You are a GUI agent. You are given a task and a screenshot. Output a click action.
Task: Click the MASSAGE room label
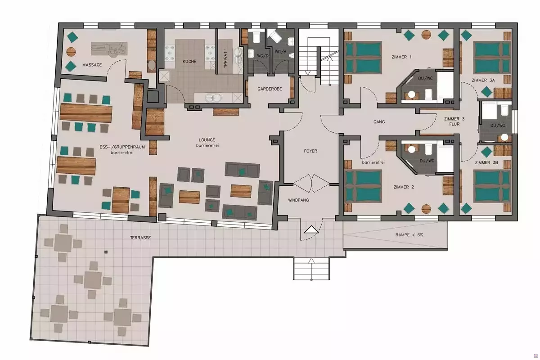[92, 65]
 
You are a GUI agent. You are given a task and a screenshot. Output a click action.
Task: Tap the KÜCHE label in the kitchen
[189, 62]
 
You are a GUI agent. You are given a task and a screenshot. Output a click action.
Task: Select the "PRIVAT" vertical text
[225, 58]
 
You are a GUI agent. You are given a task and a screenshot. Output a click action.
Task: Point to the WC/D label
[262, 56]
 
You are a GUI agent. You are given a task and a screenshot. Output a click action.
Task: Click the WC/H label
[281, 51]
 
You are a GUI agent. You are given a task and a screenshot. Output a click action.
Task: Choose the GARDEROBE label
[270, 89]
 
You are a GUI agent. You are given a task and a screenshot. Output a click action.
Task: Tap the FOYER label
[310, 151]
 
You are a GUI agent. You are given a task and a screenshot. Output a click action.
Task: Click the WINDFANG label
[298, 200]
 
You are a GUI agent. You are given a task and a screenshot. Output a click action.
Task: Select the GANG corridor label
[379, 122]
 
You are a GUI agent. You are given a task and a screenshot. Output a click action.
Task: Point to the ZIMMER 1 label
[401, 57]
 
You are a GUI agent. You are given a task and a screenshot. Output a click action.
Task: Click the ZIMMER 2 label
[404, 187]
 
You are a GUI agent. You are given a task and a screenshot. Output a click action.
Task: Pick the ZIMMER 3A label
[483, 80]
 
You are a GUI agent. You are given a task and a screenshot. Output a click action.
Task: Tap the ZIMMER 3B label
[486, 162]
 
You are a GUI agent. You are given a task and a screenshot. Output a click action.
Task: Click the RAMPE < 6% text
[409, 235]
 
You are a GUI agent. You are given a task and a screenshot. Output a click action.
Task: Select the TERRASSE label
[140, 238]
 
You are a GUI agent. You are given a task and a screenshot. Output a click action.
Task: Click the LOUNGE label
[207, 140]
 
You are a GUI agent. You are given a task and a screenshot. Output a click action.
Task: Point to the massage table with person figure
[109, 49]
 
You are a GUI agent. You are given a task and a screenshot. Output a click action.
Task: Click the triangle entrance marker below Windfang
[311, 229]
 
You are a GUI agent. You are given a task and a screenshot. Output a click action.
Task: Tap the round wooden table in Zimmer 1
[426, 35]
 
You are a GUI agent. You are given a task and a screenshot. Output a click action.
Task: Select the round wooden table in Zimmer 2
[426, 209]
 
